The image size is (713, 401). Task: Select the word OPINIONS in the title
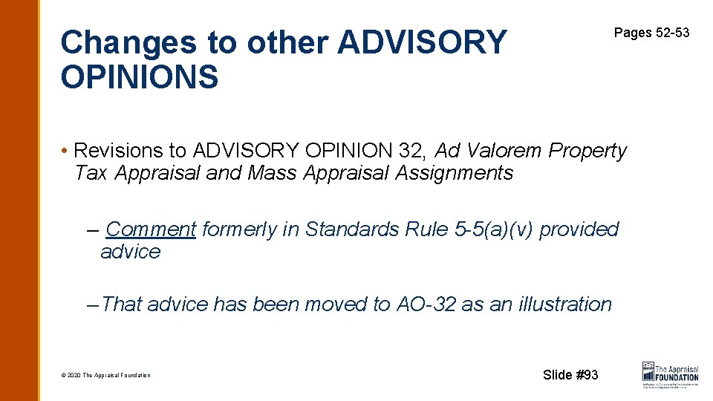click(x=140, y=77)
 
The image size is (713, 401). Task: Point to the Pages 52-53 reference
click(x=651, y=33)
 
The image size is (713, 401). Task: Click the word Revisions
click(x=120, y=151)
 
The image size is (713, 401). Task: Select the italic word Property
click(x=587, y=151)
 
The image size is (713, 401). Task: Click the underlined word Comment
click(x=151, y=229)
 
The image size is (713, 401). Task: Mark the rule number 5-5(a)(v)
click(x=492, y=229)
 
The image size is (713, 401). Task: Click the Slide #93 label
click(x=570, y=375)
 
